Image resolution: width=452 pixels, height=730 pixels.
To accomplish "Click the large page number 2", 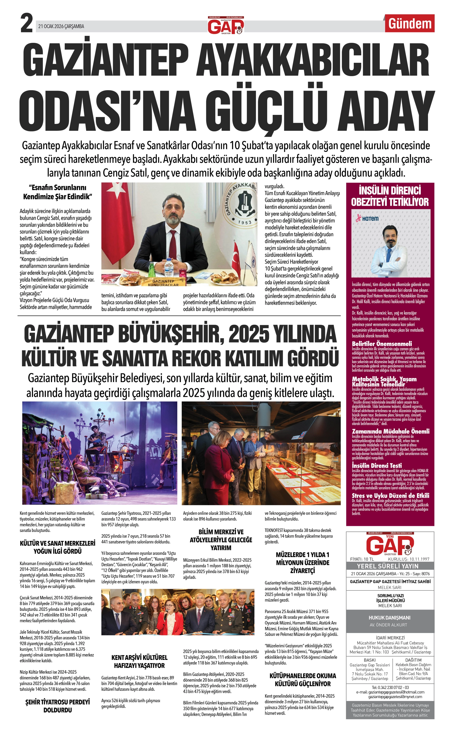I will pyautogui.click(x=26, y=24).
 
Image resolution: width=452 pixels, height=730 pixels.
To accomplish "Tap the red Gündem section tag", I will pyautogui.click(x=410, y=24).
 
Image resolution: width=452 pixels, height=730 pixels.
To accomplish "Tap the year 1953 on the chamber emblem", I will pyautogui.click(x=245, y=222).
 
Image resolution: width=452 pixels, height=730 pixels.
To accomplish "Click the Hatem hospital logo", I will pyautogui.click(x=367, y=218).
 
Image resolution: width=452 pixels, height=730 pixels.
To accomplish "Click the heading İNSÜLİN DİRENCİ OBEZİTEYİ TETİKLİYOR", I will pyautogui.click(x=390, y=196).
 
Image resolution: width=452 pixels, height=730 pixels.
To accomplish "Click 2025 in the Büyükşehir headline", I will pyautogui.click(x=248, y=334).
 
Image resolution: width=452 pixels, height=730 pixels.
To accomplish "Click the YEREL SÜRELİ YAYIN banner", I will pyautogui.click(x=390, y=566).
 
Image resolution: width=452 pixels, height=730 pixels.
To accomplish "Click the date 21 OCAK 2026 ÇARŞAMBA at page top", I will pyautogui.click(x=61, y=26).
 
